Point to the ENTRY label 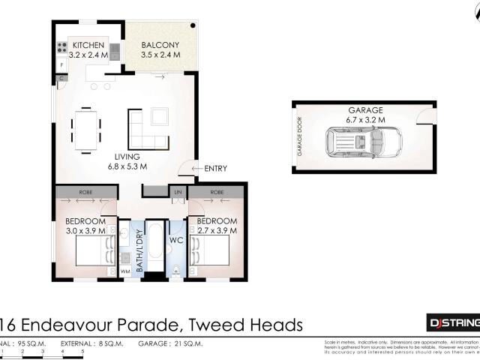214,169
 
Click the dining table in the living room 87,128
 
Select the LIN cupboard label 178,192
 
